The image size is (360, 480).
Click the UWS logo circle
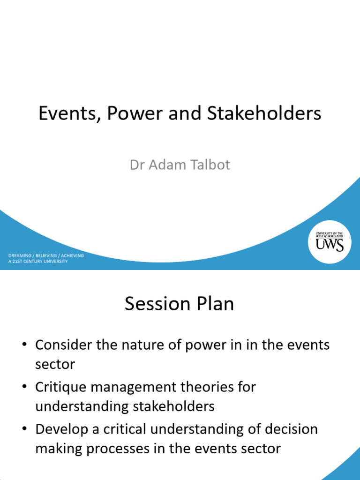329,242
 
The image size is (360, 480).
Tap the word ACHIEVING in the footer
72,255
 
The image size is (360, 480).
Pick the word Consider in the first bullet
63,345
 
